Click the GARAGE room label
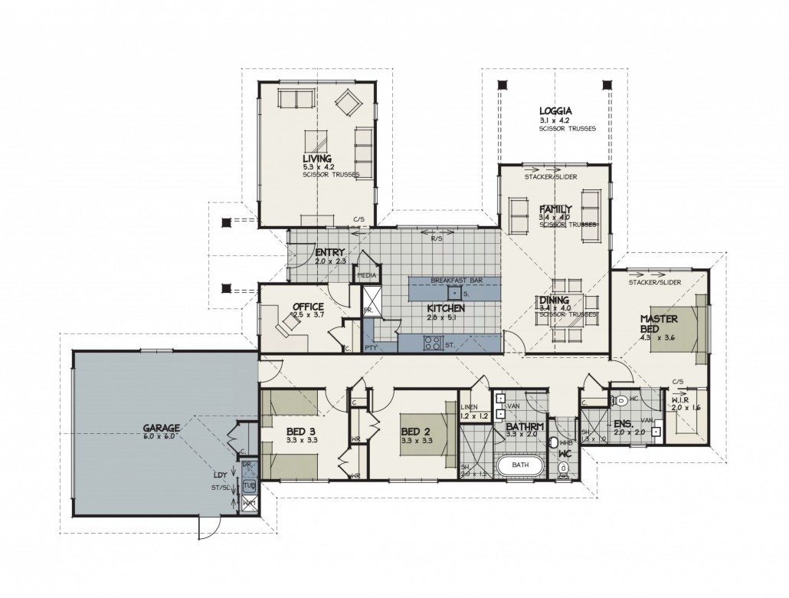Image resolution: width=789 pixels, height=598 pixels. pyautogui.click(x=161, y=427)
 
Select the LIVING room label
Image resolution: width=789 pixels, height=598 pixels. pyautogui.click(x=317, y=158)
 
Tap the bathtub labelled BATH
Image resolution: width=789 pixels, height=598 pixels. pyautogui.click(x=521, y=465)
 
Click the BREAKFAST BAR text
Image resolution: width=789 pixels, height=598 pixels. pyautogui.click(x=456, y=281)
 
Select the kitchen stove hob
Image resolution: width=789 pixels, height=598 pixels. pyautogui.click(x=432, y=343)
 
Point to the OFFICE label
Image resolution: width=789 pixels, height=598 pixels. pyautogui.click(x=308, y=307)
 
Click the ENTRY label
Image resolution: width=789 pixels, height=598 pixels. pyautogui.click(x=329, y=252)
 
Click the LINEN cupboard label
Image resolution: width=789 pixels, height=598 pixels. pyautogui.click(x=470, y=407)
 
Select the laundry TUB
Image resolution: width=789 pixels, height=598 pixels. pyautogui.click(x=249, y=486)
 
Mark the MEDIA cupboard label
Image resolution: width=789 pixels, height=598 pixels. pyautogui.click(x=366, y=274)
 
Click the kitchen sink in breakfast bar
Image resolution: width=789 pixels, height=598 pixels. pyautogui.click(x=455, y=293)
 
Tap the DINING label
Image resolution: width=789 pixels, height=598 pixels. pyautogui.click(x=554, y=301)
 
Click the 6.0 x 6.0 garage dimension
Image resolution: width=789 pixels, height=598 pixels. pyautogui.click(x=160, y=436)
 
